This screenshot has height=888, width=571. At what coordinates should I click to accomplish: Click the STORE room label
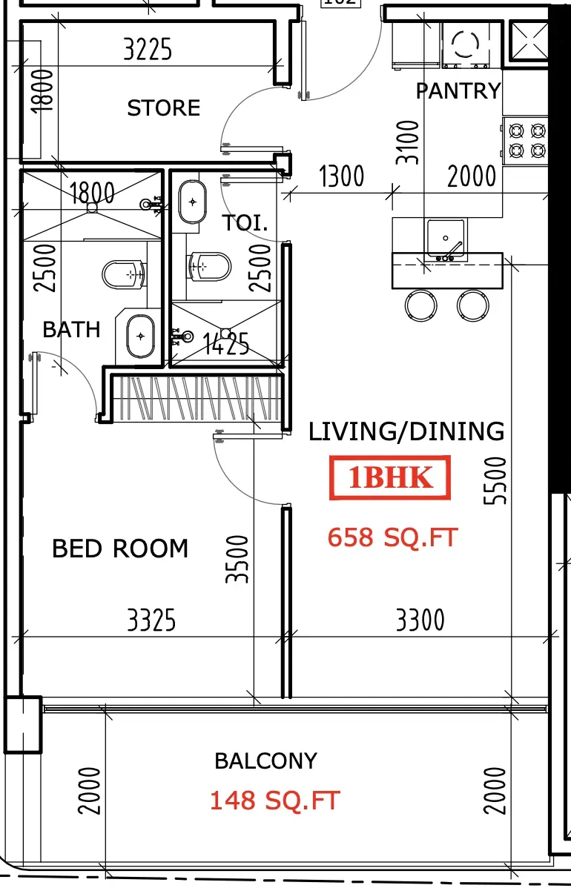pos(164,107)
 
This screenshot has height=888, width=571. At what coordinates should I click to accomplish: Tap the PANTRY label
pos(459,90)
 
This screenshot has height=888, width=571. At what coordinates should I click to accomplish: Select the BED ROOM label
pos(120,549)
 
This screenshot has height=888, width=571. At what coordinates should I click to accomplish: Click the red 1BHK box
pos(390,478)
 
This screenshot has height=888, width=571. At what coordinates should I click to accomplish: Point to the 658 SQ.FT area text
pos(392,537)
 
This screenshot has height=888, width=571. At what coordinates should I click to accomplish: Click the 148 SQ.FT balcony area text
pos(274,801)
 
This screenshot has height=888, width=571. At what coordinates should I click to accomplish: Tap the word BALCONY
pos(265,761)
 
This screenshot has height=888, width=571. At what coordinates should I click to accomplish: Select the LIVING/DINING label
pos(406,431)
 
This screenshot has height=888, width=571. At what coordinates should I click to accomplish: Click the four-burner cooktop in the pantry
pos(527,141)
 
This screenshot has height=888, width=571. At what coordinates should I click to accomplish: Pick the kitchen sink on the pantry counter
pos(446,240)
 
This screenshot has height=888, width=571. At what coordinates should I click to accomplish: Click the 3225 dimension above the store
pos(148,49)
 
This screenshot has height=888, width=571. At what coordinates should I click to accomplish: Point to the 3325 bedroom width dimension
pos(151,620)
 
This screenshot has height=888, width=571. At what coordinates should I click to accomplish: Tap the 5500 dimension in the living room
pos(495,480)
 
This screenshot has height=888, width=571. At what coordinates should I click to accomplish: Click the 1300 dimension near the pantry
pos(342,176)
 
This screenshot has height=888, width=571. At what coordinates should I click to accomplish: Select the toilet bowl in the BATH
pos(123,274)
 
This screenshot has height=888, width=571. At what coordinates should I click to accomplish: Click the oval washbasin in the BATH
pos(140,336)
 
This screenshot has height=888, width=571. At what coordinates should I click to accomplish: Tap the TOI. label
pos(245,222)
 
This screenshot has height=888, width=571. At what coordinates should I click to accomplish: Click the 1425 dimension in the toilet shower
pos(226,344)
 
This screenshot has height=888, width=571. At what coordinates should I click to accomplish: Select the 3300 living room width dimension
pos(420,620)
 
